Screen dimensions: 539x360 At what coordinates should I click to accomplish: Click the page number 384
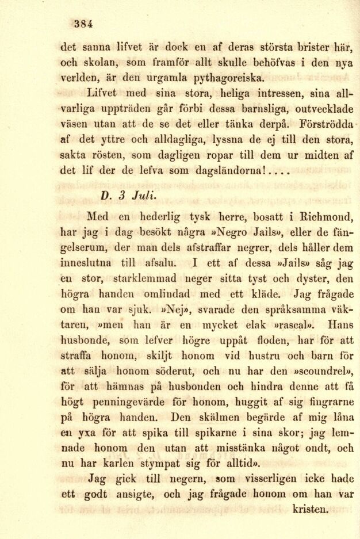pyautogui.click(x=83, y=24)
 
